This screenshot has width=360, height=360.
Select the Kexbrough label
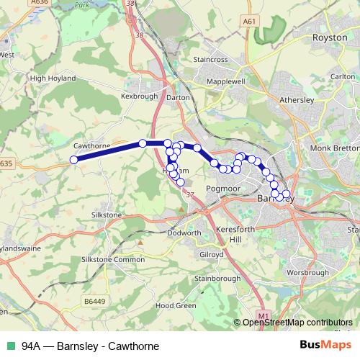pyautogui.click(x=139, y=95)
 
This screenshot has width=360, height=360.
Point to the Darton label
pyautogui.click(x=178, y=96)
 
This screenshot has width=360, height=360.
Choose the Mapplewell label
pyautogui.click(x=226, y=82)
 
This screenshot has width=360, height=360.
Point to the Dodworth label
pyautogui.click(x=184, y=233)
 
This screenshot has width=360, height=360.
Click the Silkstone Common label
pyautogui.click(x=113, y=259)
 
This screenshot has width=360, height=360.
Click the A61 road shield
pyautogui.click(x=249, y=22)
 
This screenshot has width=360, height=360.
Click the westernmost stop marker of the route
pyautogui.click(x=73, y=161)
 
